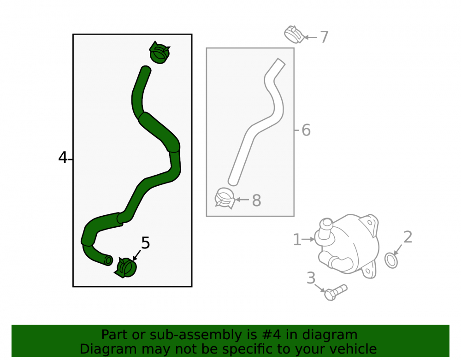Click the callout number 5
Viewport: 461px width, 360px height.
point(146,243)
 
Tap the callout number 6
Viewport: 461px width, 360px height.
point(306,130)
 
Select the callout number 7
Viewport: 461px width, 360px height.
point(324,37)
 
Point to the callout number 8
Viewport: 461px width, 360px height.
point(257,201)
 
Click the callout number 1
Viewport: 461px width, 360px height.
point(297,240)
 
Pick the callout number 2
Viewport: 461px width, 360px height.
point(408,237)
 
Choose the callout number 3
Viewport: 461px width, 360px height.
point(311,278)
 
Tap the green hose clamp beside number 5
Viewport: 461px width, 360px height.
point(126,267)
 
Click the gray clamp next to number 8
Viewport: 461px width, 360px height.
point(225,198)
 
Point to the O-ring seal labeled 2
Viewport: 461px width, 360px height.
point(391,260)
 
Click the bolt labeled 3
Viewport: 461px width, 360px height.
point(336,292)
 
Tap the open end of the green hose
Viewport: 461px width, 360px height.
point(108,260)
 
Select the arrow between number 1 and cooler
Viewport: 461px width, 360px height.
point(308,240)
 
